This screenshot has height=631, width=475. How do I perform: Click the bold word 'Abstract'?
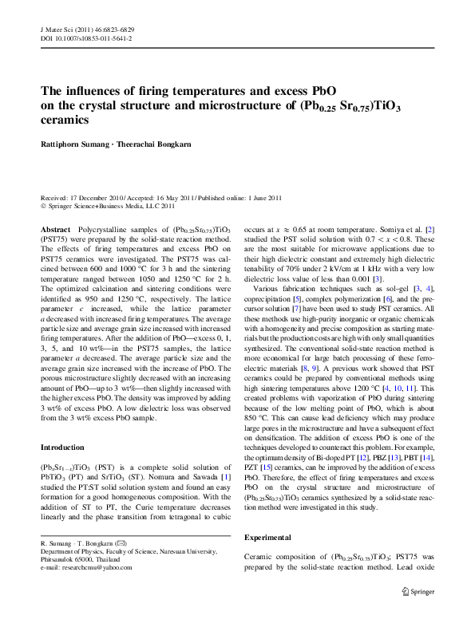54,229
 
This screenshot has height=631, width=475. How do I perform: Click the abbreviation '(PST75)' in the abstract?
53,238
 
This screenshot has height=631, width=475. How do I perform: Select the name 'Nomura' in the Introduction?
183,477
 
